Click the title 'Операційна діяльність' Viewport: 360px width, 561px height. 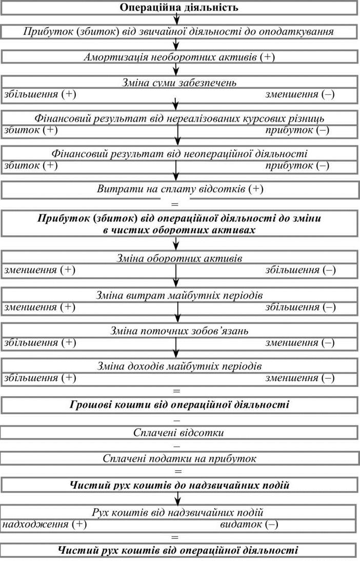[x=179, y=8]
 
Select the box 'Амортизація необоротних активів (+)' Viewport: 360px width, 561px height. [x=180, y=57]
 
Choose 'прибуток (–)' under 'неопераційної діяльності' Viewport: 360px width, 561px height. [x=297, y=165]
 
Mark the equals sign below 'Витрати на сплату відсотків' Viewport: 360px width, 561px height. [x=175, y=204]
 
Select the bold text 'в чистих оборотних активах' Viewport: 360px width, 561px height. [x=179, y=230]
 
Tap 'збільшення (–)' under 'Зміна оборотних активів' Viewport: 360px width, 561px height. [x=301, y=270]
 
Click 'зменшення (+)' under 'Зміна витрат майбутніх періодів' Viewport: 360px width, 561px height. [x=39, y=306]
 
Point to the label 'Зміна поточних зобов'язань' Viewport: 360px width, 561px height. [x=179, y=331]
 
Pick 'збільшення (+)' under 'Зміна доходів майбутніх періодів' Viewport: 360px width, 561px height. [x=39, y=377]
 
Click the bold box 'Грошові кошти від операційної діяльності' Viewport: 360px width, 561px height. [x=180, y=404]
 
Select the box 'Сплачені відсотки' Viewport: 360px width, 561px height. [x=180, y=432]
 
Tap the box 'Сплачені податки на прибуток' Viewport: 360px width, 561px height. [x=180, y=458]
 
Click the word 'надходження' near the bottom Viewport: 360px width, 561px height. [x=35, y=524]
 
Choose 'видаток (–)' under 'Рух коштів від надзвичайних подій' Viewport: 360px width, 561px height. [x=249, y=524]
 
